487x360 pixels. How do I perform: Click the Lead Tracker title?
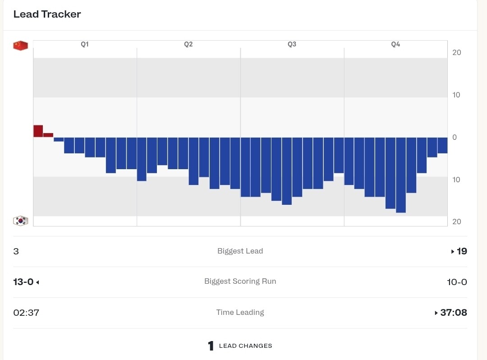pos(47,14)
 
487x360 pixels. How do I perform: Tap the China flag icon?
pos(20,46)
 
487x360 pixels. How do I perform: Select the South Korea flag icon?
pos(20,221)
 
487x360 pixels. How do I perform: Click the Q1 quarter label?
pos(85,44)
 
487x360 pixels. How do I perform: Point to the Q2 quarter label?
pos(188,44)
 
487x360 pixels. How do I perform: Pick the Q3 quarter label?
pos(292,44)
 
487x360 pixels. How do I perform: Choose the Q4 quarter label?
pos(395,44)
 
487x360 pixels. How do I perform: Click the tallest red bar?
pos(38,131)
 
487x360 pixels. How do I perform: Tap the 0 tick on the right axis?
pos(454,137)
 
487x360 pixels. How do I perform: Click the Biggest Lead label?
pos(240,251)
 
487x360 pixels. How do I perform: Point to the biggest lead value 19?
pos(462,251)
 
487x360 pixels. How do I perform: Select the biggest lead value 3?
pos(16,251)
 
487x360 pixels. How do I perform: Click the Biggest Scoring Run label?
pos(240,281)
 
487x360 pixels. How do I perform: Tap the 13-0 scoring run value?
pos(23,282)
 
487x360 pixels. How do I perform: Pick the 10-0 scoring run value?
pos(457,282)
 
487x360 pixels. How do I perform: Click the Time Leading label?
pos(240,312)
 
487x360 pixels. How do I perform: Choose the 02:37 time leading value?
pos(26,313)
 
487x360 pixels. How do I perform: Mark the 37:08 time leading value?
pos(453,313)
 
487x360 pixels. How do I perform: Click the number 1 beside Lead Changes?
pos(211,346)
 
